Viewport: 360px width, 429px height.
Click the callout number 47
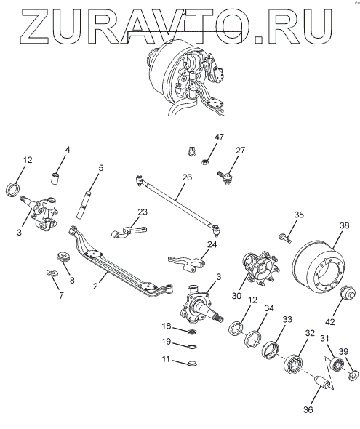tap(219, 137)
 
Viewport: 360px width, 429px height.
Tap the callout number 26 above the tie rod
tap(187, 177)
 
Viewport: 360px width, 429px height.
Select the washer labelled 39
tap(353, 374)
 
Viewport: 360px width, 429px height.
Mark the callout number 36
tap(308, 409)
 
